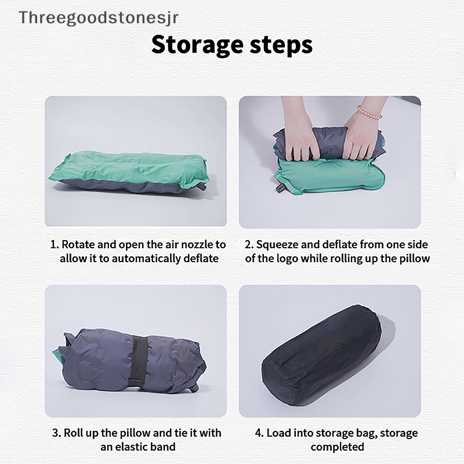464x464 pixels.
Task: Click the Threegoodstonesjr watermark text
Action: point(98,17)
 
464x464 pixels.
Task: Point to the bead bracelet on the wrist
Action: point(369,111)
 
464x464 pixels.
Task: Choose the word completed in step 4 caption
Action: point(337,447)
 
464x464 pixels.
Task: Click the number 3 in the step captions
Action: point(56,433)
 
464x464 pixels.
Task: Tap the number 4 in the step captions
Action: point(259,433)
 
